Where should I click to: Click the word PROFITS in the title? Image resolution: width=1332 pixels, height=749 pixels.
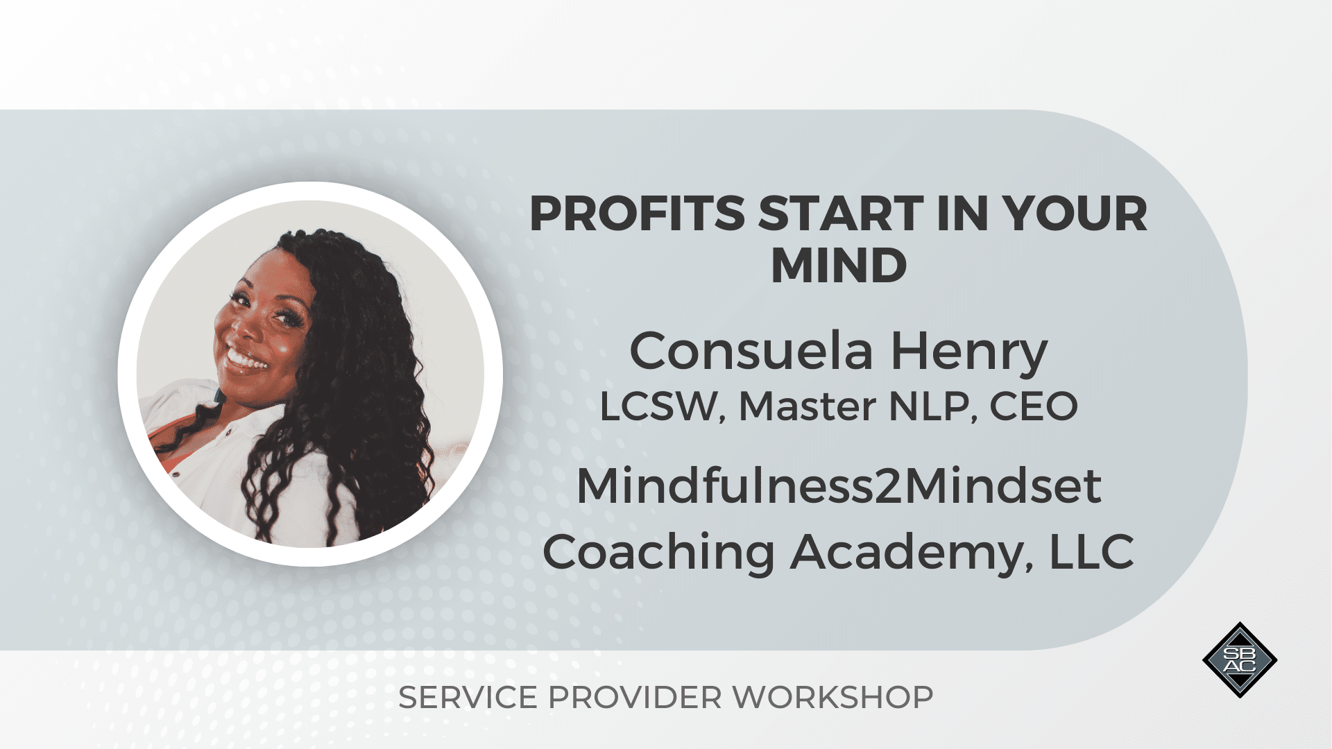click(x=638, y=214)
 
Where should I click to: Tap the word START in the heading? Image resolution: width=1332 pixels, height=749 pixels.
click(x=842, y=214)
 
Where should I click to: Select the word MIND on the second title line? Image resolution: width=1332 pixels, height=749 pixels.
click(x=839, y=266)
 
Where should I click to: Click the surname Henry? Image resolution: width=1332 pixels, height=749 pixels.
click(x=969, y=354)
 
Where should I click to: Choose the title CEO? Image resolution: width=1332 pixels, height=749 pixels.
click(x=1033, y=406)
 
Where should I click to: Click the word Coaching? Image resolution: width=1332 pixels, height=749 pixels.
click(x=658, y=553)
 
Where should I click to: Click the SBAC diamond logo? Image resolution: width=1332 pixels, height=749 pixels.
click(x=1240, y=660)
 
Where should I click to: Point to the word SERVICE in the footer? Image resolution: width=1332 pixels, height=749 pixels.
click(x=468, y=698)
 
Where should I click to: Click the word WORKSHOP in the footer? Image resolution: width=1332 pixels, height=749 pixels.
click(x=832, y=698)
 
